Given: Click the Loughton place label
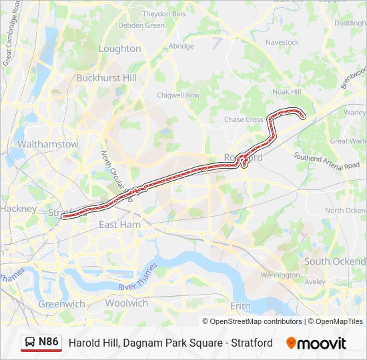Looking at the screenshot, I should point(119,49).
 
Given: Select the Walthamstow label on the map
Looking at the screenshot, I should point(48,144).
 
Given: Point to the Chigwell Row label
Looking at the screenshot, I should point(178,95).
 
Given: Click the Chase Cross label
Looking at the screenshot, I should point(244,120).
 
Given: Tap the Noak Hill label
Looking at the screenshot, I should point(287,92).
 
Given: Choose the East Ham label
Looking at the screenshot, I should point(119,225).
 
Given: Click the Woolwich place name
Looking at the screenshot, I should point(126,303).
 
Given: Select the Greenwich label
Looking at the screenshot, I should point(61,304).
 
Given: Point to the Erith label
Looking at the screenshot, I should point(240,306).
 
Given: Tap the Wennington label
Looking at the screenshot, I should point(280,275).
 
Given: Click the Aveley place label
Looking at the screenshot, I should point(315,282).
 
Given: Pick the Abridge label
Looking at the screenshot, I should point(181,46).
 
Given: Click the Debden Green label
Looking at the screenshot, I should point(141,25).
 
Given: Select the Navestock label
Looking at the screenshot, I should point(282,42).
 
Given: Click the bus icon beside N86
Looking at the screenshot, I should point(31,343).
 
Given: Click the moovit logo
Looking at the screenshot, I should point(316,343).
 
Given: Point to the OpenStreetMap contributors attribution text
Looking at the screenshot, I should point(256,321).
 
